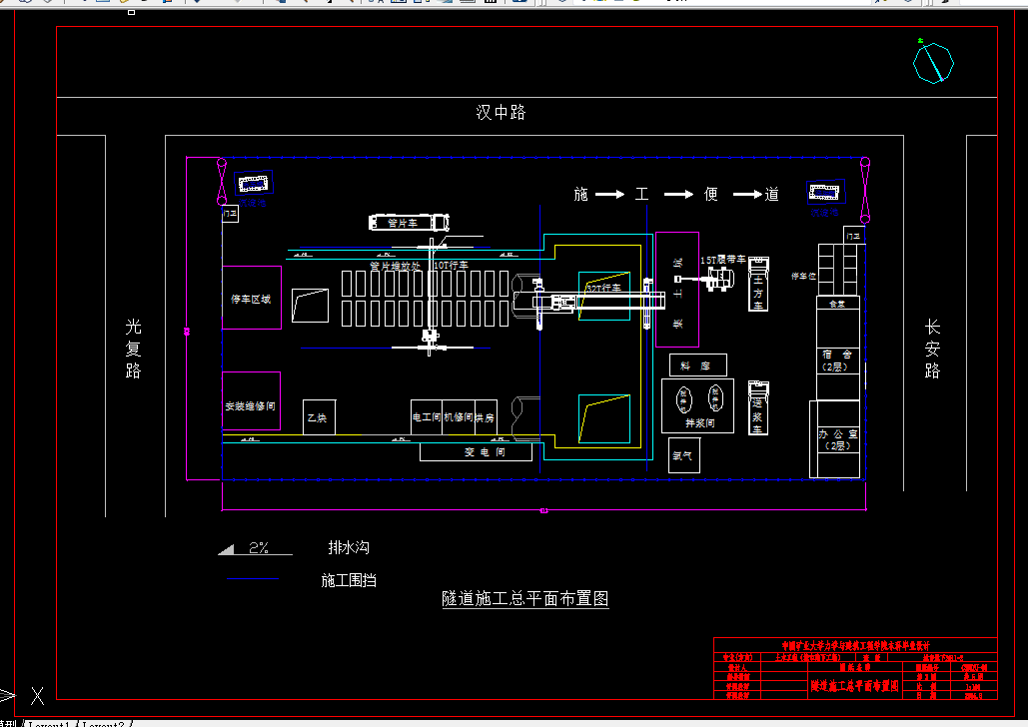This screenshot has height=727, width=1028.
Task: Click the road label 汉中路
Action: click(x=501, y=113)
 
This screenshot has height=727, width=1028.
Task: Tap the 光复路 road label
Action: click(x=134, y=349)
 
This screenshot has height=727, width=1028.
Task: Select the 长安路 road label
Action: click(x=932, y=349)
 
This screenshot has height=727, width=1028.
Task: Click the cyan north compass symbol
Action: click(x=933, y=63)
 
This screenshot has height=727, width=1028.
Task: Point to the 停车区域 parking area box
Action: click(x=251, y=298)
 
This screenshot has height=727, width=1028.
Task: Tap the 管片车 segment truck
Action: click(x=410, y=223)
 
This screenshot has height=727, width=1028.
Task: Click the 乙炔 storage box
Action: click(x=319, y=416)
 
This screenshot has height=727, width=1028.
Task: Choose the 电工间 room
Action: click(x=427, y=416)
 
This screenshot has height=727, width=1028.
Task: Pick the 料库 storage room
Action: click(x=696, y=365)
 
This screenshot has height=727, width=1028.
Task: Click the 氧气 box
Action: click(x=683, y=455)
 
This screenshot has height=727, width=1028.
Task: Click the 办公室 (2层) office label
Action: click(x=834, y=440)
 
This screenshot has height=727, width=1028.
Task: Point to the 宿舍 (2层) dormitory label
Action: click(x=836, y=361)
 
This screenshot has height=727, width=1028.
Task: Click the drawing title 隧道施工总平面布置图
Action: click(x=525, y=599)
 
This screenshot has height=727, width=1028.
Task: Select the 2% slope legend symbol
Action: click(x=255, y=548)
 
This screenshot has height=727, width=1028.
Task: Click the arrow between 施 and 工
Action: click(x=610, y=195)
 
